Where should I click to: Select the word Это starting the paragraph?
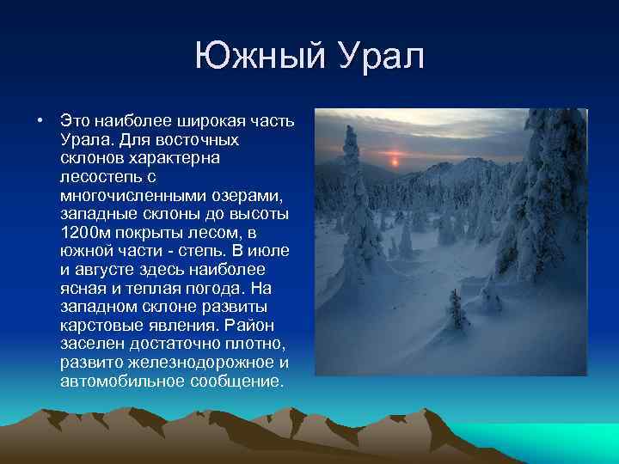[x=75, y=120]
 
